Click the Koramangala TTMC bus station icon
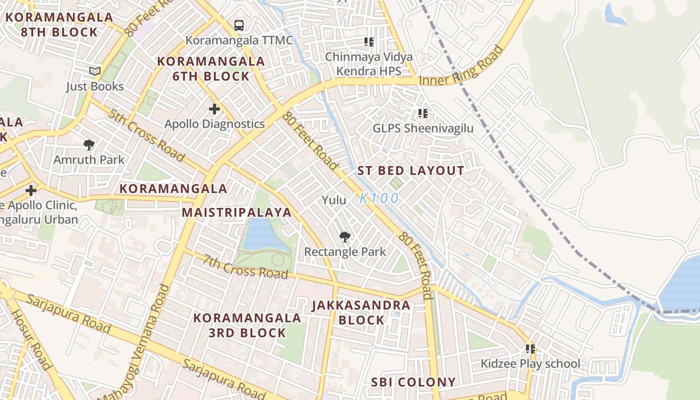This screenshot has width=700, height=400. pos(239,25)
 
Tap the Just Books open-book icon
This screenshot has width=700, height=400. pos(94,71)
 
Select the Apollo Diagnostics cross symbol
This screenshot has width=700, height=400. pos(214,108)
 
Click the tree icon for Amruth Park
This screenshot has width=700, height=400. pos(89,145)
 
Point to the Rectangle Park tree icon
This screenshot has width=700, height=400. pos(344,236)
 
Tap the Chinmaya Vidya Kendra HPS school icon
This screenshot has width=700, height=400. pos(369,42)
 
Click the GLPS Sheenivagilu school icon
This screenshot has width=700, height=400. pos(423,113)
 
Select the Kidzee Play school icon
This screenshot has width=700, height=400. pos(530,348)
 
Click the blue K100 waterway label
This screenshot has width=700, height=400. pos(379,198)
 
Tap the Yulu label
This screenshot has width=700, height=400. pos(334,200)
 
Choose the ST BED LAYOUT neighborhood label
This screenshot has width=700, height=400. pos(410,171)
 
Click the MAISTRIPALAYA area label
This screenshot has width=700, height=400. pos(236,212)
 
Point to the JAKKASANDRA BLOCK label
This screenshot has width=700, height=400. pos(361,312)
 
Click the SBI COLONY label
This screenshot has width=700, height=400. pos(413,382)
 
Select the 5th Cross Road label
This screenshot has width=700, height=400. pos(145,135)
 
